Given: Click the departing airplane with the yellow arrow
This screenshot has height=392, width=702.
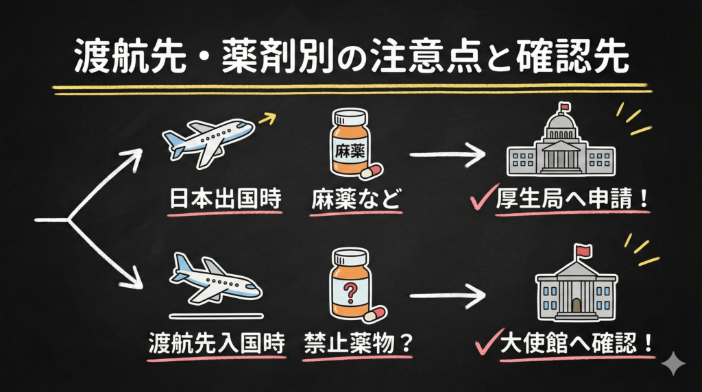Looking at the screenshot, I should coord(208,142).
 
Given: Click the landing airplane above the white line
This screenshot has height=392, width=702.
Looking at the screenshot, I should coord(214,280).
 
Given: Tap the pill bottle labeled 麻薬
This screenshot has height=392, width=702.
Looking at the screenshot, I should coord(351,143).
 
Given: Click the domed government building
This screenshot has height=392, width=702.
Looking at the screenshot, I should coord(559,145).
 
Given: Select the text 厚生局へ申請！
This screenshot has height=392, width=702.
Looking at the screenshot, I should coord(573,201).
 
